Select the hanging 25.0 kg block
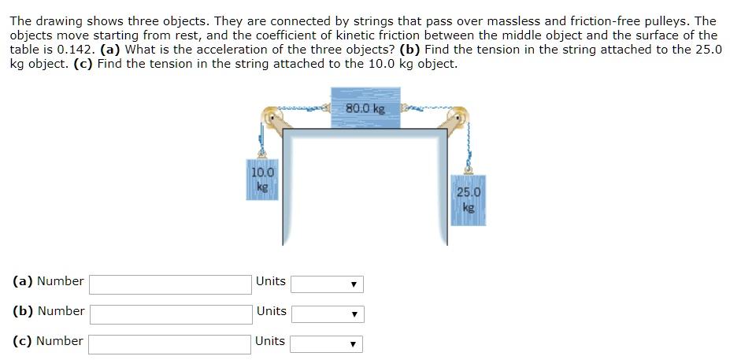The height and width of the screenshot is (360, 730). (469, 200)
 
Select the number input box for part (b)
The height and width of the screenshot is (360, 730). (171, 314)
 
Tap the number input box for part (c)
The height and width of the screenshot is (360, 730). (171, 343)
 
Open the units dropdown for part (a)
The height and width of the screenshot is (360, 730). (327, 284)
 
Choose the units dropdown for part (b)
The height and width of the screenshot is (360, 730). (327, 314)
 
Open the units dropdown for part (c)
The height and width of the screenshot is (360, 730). (327, 343)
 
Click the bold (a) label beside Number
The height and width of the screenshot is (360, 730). (23, 281)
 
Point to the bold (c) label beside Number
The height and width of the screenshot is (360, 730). (23, 341)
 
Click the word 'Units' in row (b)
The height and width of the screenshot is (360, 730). (271, 311)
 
